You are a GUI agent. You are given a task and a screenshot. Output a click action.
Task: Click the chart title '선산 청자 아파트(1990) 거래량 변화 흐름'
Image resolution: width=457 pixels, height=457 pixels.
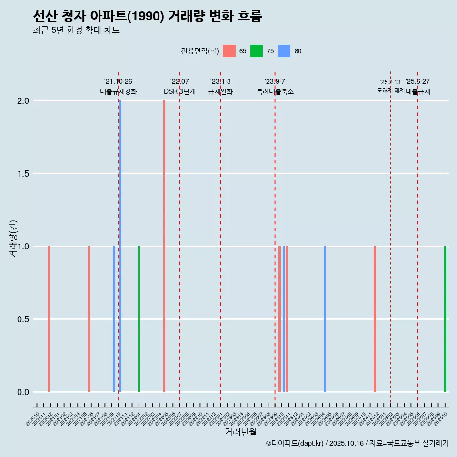tap(148, 17)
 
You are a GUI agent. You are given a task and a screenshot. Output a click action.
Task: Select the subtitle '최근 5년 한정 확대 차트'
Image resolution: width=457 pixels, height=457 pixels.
tap(76, 30)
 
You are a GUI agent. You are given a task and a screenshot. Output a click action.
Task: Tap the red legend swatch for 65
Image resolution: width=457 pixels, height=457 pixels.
tap(229, 51)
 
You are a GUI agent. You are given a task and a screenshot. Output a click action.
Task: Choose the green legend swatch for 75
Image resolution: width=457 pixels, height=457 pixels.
tap(257, 51)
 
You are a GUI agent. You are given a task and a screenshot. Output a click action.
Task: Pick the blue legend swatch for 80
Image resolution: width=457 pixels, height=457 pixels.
tap(284, 51)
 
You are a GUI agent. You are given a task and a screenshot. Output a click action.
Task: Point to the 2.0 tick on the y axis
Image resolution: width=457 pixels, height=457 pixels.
tap(23, 101)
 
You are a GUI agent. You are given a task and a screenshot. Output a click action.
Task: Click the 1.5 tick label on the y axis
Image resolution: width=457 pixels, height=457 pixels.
tap(23, 174)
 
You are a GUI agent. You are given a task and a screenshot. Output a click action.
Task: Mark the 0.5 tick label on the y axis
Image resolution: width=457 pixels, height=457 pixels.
tap(23, 319)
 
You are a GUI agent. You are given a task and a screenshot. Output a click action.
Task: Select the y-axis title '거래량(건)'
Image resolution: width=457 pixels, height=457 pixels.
tap(13, 238)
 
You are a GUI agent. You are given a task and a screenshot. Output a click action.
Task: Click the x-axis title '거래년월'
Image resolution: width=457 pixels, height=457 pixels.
tap(241, 432)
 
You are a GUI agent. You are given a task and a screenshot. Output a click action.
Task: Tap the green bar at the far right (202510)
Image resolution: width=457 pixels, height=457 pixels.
tap(445, 319)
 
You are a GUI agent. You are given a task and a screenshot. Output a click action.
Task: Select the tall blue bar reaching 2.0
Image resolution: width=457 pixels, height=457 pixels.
tap(120, 246)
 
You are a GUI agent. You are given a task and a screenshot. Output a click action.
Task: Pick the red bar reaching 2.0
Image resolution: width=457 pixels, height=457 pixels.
tap(164, 246)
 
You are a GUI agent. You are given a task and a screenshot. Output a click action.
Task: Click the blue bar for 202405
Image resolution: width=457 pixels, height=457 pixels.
tap(325, 319)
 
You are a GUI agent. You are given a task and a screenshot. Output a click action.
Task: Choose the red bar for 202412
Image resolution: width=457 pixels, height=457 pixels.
tap(375, 319)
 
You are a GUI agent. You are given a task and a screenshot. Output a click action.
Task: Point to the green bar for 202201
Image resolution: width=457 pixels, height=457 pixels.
tap(139, 319)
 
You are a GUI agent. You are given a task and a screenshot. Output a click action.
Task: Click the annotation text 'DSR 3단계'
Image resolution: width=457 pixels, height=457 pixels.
tap(179, 91)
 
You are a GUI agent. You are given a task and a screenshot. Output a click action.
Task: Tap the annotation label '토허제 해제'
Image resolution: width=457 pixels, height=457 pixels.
tap(390, 90)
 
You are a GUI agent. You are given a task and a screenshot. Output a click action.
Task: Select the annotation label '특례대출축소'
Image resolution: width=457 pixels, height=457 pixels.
tap(275, 91)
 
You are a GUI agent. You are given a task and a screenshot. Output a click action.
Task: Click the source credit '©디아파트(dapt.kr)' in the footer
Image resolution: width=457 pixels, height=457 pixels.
tap(295, 443)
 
